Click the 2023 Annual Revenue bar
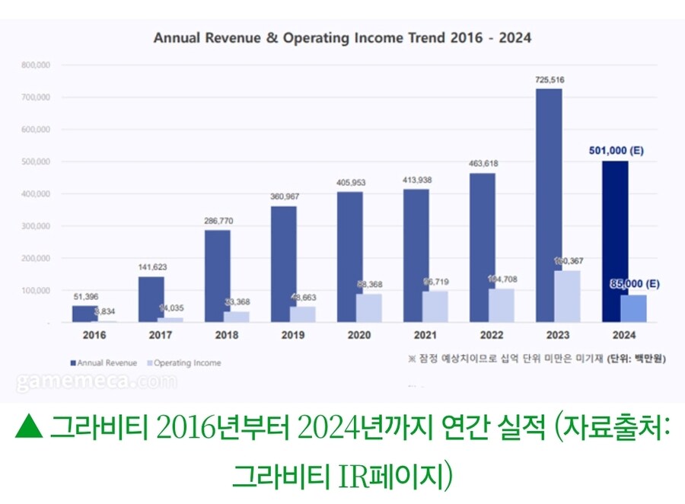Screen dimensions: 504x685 (x=548, y=206)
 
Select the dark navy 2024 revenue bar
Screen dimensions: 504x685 (x=615, y=241)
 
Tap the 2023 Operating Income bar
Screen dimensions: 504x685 (x=567, y=296)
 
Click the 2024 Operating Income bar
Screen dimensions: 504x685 (x=633, y=308)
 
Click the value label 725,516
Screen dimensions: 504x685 (x=549, y=80)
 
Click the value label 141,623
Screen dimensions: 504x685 (x=151, y=267)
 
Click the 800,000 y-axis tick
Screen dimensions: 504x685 (x=36, y=65)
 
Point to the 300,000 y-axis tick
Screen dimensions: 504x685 (x=36, y=226)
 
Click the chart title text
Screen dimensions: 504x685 (x=342, y=37)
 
